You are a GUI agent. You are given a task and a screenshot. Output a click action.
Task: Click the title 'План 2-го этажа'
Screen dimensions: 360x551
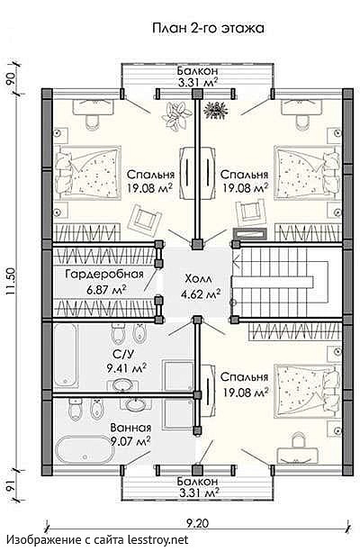[x=208, y=29]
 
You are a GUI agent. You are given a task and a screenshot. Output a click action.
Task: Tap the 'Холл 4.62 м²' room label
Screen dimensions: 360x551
[x=200, y=286]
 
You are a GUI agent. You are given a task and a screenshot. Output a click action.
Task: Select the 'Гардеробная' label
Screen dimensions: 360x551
[x=105, y=274]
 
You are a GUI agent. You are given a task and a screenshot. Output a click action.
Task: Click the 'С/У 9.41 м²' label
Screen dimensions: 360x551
[x=126, y=361]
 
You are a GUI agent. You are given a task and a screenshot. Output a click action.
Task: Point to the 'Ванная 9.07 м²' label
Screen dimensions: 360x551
[x=130, y=434]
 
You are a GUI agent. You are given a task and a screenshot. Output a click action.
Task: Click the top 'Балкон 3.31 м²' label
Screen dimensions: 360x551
[x=197, y=77]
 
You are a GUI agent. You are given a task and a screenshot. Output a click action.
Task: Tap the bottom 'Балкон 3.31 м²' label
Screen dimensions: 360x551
[x=197, y=486]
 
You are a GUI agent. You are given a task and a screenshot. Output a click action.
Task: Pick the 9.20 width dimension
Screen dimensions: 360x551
[x=197, y=524]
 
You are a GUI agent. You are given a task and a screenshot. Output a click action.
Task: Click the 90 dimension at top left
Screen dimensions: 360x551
[x=10, y=77]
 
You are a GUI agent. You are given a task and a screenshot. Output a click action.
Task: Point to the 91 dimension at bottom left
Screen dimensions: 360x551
[x=10, y=486]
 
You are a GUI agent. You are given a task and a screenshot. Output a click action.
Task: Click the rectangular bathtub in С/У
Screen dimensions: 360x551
[x=67, y=357]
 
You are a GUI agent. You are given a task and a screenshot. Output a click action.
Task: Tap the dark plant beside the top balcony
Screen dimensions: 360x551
[x=215, y=108]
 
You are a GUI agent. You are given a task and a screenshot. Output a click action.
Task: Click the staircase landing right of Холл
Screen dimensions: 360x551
[x=272, y=282]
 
